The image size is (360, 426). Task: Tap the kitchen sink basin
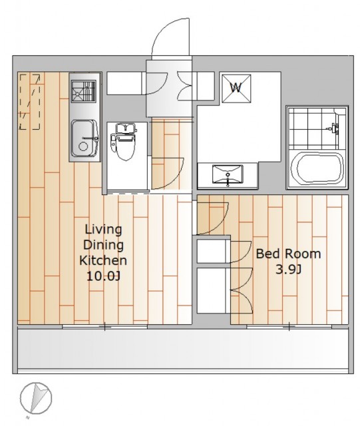[85, 138]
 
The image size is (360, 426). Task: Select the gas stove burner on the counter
[83, 91]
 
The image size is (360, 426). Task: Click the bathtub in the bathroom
[317, 169]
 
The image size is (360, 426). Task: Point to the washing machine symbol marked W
[236, 89]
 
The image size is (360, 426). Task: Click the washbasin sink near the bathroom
[228, 176]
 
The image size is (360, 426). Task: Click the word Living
[103, 230]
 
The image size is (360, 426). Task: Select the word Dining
[103, 245]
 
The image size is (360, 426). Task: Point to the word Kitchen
[103, 260]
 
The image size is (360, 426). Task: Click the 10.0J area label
[103, 276]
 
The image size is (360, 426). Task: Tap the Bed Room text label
[289, 254]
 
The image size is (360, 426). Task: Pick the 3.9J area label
[289, 270]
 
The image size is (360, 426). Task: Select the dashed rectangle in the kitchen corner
[30, 101]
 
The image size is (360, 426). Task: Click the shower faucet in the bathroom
[333, 128]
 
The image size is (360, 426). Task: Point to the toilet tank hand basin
[125, 127]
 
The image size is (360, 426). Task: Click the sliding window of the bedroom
[289, 327]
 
